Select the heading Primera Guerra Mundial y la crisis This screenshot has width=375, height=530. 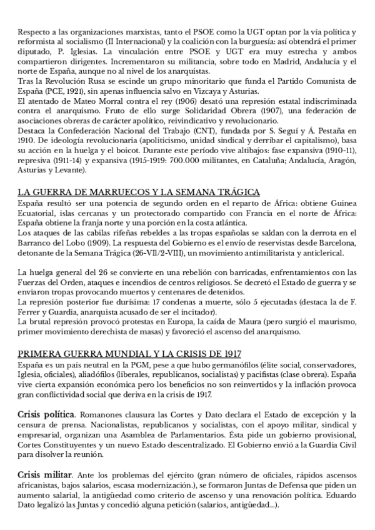pos(131,352)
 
